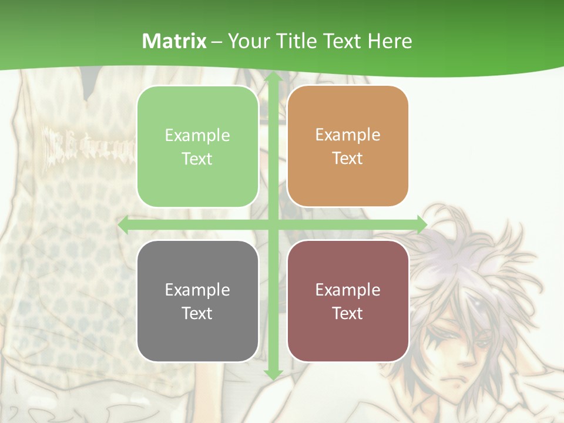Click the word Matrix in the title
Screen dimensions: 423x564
coord(174,41)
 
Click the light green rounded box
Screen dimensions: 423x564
coord(197,147)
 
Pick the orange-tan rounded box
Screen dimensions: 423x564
coord(348,146)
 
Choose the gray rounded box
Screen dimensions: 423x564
coord(197,301)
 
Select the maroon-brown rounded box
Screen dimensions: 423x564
coord(348,301)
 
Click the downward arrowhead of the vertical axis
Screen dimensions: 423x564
coord(273,374)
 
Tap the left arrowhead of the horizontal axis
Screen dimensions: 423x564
coord(123,225)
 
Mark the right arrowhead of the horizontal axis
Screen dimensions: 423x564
coord(421,225)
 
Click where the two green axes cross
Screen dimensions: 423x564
coord(273,225)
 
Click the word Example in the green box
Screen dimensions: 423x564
coord(197,136)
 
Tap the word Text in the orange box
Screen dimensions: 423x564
coord(348,159)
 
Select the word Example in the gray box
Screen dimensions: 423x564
coord(197,290)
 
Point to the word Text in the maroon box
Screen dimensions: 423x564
coord(348,313)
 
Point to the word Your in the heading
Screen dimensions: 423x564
coord(247,41)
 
